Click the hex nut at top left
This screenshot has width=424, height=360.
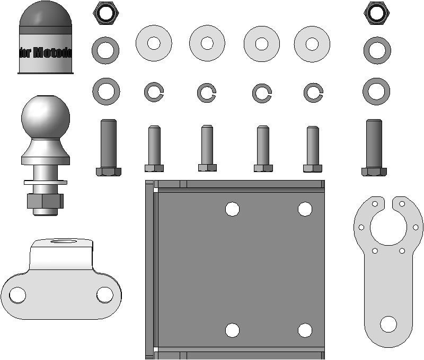point(106,13)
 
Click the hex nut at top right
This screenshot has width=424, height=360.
point(377,13)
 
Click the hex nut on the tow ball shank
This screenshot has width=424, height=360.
point(45,201)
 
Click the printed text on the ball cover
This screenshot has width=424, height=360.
point(46,53)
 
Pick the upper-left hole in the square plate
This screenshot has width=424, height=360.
point(232,209)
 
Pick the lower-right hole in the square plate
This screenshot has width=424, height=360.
point(305,330)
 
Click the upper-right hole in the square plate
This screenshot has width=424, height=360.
point(305,209)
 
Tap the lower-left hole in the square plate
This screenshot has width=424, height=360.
point(232,330)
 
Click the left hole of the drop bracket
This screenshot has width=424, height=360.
point(17,295)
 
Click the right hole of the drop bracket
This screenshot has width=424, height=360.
point(105,295)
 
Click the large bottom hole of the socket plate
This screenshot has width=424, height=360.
point(388,324)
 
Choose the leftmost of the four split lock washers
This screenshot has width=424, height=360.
point(154,93)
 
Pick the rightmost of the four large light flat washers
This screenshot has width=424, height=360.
point(312,43)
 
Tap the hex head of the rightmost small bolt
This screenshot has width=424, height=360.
point(313,168)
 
